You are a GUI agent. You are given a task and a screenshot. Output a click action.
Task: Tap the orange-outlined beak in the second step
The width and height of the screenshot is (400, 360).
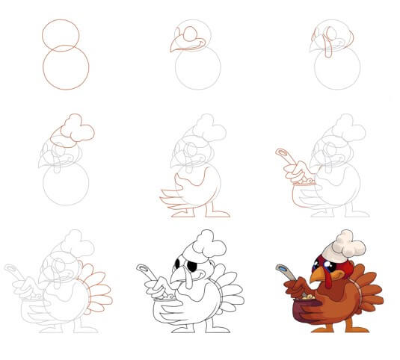click(179, 43)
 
